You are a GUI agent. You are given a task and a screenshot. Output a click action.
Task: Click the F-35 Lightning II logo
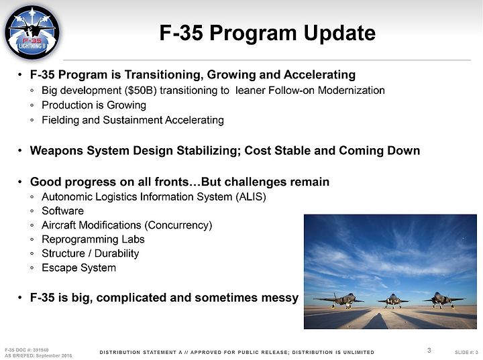point(32,33)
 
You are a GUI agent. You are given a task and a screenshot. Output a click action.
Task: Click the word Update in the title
point(339,34)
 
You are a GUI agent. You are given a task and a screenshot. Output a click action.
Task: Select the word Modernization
point(351,91)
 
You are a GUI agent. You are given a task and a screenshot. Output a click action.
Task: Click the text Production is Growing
point(94,105)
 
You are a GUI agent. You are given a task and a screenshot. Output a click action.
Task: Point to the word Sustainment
point(132,120)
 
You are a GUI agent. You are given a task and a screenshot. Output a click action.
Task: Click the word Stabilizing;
point(209,151)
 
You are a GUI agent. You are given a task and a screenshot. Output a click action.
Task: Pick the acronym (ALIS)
point(251,196)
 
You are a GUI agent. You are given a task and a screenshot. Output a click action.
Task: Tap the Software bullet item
point(63,211)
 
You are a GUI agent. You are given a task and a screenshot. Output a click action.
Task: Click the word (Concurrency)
point(180,225)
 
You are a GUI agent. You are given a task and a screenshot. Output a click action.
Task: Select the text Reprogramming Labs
point(93,239)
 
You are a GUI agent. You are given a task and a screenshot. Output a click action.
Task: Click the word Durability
point(117,253)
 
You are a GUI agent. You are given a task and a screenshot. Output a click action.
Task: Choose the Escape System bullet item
point(79,267)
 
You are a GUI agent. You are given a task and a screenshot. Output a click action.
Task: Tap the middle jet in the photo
point(392,300)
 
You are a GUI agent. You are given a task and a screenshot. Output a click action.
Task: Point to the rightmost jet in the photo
point(442,300)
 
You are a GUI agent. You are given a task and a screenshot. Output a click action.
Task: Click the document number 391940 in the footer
point(41,350)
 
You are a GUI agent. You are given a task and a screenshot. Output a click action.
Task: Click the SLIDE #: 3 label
point(466,352)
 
